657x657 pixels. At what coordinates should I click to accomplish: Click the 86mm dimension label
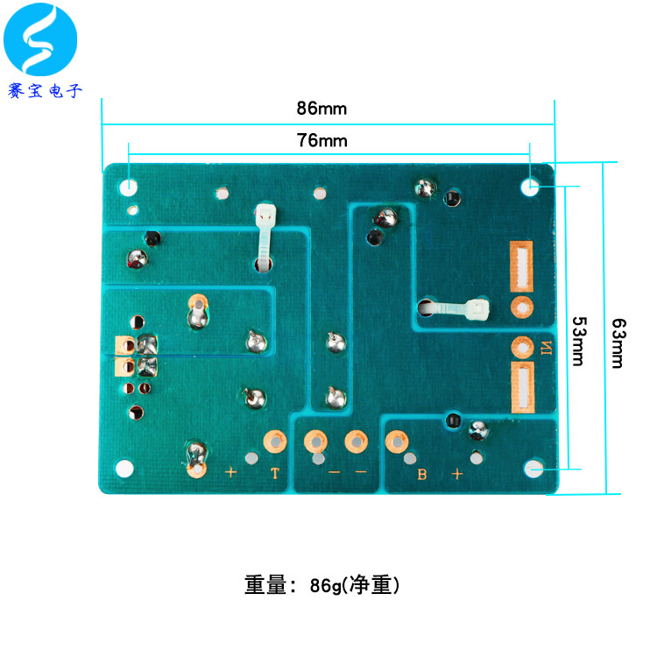(321, 109)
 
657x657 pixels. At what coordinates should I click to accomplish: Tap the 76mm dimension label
(321, 140)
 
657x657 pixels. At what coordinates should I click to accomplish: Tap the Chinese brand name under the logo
(44, 90)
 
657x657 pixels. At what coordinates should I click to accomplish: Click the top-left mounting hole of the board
(129, 187)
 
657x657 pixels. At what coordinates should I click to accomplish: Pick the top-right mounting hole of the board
(530, 187)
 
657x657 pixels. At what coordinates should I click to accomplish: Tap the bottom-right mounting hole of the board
(534, 470)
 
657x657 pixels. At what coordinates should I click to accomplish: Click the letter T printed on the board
(275, 474)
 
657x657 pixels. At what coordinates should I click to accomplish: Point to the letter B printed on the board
(422, 475)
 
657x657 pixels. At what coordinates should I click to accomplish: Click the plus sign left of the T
(231, 473)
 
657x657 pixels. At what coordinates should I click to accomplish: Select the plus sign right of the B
(456, 474)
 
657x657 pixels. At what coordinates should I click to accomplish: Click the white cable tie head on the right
(478, 309)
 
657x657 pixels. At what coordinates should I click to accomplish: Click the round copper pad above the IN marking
(522, 307)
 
